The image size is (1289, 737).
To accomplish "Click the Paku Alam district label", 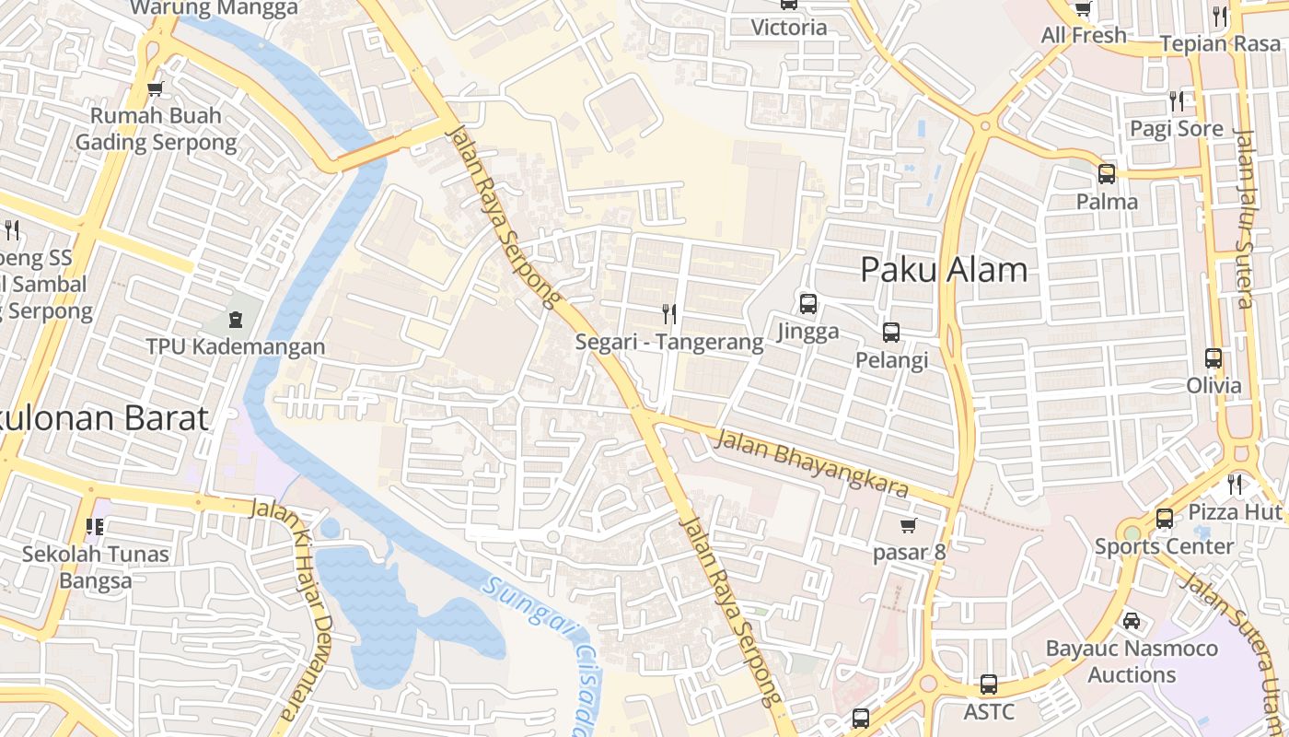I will pos(944,270).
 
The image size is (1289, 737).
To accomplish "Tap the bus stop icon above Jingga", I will pos(808,303).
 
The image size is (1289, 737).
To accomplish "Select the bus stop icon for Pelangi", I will pos(891,332).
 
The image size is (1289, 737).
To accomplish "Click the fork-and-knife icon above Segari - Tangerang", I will pos(669,314).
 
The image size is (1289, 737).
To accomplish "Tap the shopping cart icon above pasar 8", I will pos(909,525).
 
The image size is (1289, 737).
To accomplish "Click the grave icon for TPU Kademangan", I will pos(236,320).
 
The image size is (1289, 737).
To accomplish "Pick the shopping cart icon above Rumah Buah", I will pos(156,88).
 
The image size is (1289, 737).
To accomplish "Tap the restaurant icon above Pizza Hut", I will pos(1235,484).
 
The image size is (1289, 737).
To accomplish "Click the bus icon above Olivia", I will pos(1214,358).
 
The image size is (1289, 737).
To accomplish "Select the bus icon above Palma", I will pos(1107,173).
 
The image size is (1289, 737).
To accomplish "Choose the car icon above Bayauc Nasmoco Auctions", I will pos(1132,620).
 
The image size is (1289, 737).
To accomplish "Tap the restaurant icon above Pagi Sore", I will pos(1177,100).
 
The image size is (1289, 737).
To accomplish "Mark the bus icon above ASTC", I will pos(989,684).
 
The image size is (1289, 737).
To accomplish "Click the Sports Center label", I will pos(1164,546).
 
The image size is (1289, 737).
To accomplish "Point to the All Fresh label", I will pos(1084,35).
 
